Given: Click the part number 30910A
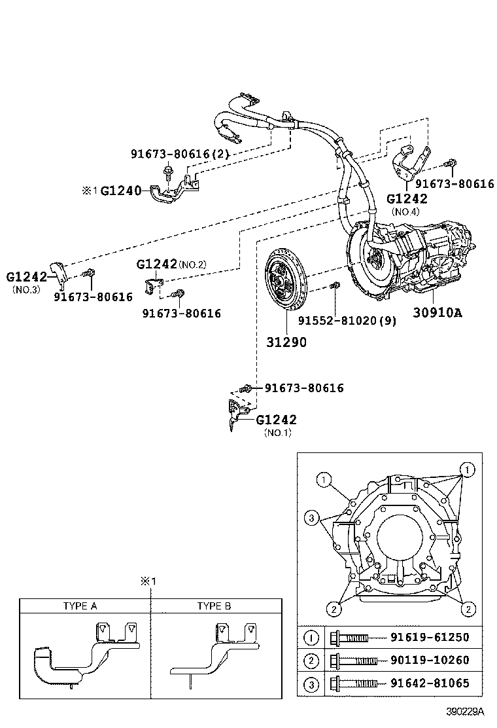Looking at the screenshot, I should click(437, 312).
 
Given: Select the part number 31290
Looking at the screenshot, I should click(286, 341).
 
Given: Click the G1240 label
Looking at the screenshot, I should click(121, 192).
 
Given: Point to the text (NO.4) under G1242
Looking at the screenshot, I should click(405, 211).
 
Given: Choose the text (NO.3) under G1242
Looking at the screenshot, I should click(27, 289).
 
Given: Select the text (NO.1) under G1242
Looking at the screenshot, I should click(277, 433).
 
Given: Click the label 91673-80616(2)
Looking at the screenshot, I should click(179, 154).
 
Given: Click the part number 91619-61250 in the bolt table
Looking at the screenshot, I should click(430, 637).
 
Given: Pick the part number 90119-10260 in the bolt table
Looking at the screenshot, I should click(430, 661).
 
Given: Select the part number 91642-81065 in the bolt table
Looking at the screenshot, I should click(430, 684).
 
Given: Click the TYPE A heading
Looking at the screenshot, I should click(80, 606).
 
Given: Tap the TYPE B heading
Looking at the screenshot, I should click(214, 606).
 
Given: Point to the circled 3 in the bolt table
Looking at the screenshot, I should click(313, 685).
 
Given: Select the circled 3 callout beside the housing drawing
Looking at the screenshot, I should click(313, 519).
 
